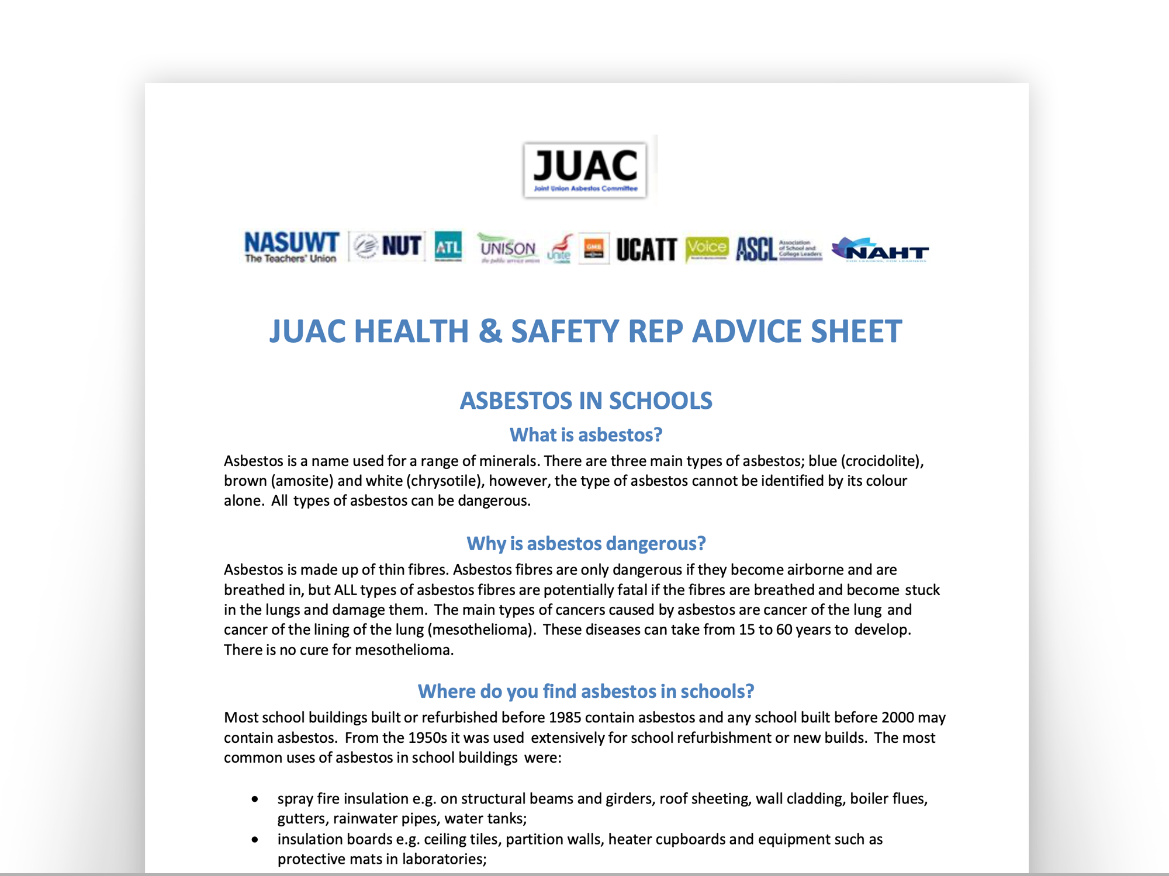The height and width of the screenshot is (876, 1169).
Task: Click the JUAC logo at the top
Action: click(585, 170)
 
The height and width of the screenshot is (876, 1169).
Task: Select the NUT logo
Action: click(388, 246)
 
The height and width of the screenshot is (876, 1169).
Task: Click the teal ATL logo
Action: click(448, 247)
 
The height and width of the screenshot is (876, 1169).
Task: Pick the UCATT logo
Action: click(646, 249)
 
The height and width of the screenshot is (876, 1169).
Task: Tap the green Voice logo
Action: click(707, 248)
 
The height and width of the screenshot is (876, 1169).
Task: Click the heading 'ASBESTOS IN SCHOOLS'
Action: click(586, 401)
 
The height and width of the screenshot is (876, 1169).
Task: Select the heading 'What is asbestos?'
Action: click(586, 435)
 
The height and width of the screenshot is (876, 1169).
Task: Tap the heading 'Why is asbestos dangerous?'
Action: click(586, 544)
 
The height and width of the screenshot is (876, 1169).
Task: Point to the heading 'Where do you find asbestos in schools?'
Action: click(586, 691)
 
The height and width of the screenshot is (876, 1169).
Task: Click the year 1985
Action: click(565, 718)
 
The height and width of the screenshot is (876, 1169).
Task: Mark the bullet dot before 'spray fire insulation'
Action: click(255, 799)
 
